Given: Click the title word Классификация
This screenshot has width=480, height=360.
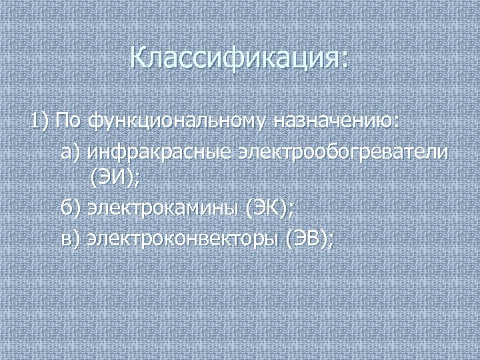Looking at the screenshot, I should coord(235,58).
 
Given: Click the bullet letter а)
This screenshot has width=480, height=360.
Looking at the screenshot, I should coord(70,153).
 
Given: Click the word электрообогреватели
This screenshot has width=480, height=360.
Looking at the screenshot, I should coord(341,153).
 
